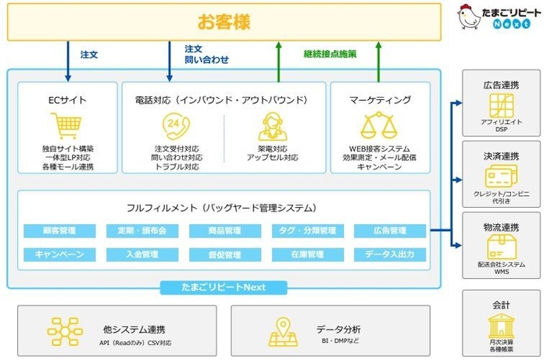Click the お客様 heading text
(224, 22)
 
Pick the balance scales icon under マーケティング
(380, 126)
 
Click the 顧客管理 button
(59, 231)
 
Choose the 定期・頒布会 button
(142, 231)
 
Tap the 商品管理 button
(225, 231)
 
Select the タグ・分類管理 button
(308, 231)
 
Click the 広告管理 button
(390, 231)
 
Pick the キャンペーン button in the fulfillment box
(59, 255)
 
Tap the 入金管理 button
(142, 255)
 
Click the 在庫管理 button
(308, 255)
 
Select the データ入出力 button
(390, 255)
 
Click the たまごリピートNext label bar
(224, 287)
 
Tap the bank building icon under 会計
(500, 326)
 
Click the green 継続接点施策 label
(331, 55)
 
